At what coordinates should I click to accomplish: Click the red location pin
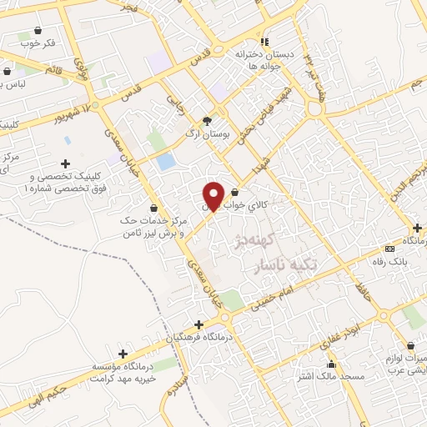click(x=213, y=195)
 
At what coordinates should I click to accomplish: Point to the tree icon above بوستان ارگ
click(x=207, y=121)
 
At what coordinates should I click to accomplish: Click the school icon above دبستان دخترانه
click(x=264, y=42)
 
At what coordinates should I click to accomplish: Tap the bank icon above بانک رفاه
click(x=388, y=249)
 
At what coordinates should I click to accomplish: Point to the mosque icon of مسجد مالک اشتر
click(x=332, y=364)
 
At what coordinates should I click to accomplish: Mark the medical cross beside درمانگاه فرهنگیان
click(x=198, y=324)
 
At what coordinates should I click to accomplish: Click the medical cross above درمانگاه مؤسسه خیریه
click(x=123, y=354)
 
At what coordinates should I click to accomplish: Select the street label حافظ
click(x=361, y=291)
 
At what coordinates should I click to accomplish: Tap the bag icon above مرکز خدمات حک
click(x=153, y=208)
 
